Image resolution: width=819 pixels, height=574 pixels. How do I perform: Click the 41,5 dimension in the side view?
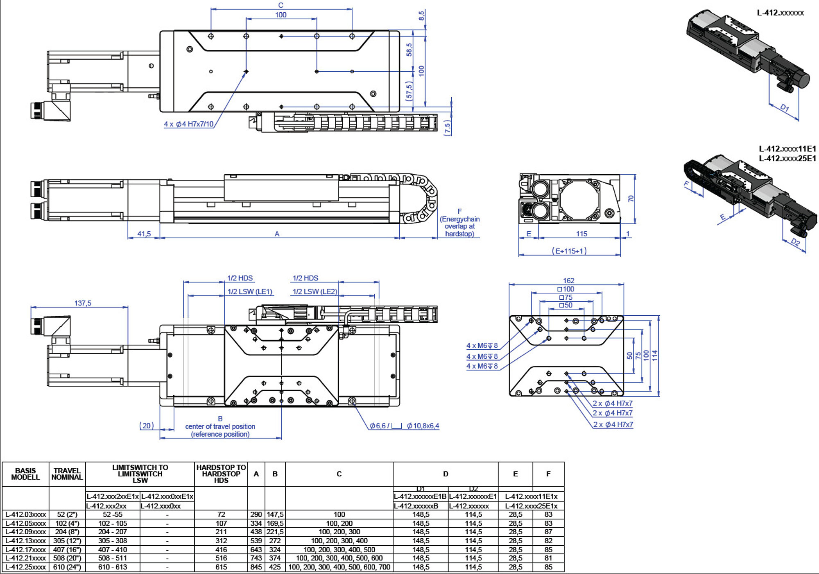coord(144,234)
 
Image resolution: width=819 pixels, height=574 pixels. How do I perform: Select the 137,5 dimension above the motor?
coord(83,303)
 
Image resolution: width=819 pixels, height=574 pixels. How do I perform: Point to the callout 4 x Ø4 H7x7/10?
coord(189,124)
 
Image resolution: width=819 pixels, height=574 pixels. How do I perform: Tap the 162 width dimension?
coord(568,280)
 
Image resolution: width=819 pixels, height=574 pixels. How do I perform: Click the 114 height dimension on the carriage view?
coord(654,355)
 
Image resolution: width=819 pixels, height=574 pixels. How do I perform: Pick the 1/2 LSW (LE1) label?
coord(250,292)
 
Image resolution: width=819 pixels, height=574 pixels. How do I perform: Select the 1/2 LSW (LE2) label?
coord(315,292)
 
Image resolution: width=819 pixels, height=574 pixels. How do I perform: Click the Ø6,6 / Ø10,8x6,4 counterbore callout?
coord(404,426)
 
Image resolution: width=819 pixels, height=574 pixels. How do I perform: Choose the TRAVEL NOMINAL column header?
coord(67,474)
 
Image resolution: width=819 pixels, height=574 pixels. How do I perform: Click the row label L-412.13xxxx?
coord(25,541)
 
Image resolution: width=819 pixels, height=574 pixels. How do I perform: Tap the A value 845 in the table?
coord(256,567)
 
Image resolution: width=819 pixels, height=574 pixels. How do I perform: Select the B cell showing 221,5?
coord(275,532)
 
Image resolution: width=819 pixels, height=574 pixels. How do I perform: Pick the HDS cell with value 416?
coord(221,549)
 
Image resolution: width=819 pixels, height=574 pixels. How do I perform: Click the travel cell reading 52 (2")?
coord(67,514)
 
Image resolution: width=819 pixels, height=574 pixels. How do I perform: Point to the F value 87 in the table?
coord(548,532)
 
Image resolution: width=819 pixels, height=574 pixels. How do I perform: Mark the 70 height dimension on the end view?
coord(631,198)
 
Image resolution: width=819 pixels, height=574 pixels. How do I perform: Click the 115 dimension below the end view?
coord(581,234)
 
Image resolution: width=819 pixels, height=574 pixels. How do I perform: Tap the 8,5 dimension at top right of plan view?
coord(421,16)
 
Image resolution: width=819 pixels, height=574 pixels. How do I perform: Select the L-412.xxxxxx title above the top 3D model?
coord(780,13)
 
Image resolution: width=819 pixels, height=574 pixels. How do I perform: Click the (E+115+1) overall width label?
coord(569,251)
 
